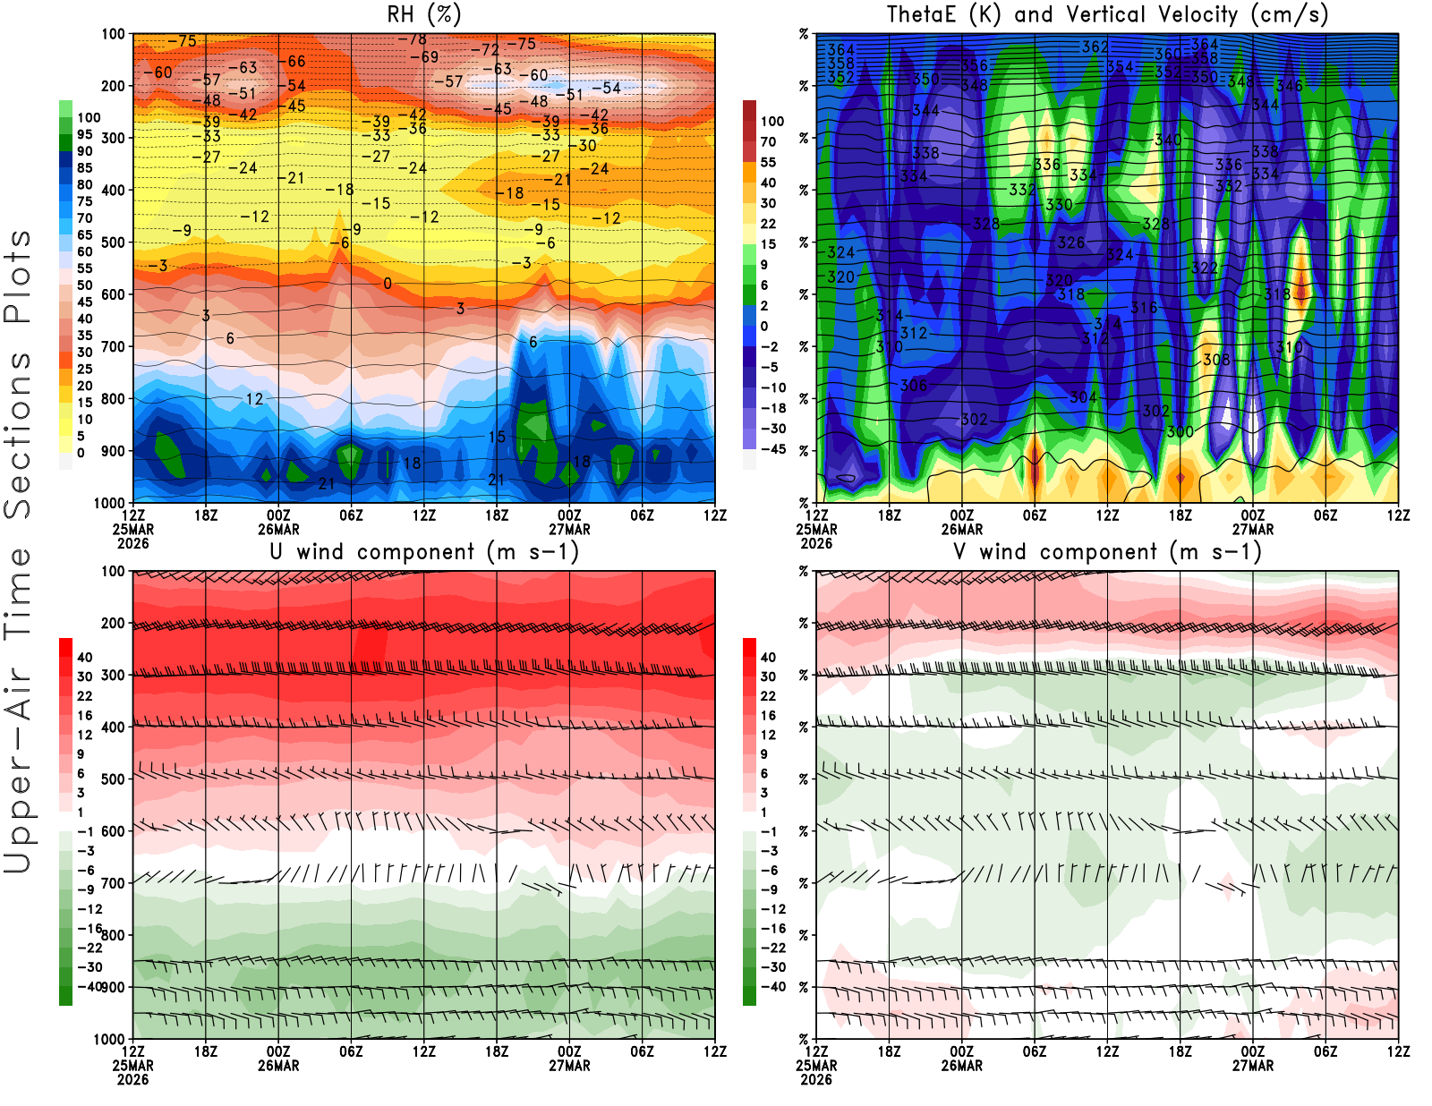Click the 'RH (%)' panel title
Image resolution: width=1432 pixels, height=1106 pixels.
coord(423,14)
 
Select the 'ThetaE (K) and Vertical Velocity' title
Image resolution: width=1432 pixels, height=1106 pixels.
coord(1107,14)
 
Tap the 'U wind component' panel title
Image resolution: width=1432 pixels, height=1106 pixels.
coord(423,551)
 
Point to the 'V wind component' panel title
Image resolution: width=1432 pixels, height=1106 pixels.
coord(1107,551)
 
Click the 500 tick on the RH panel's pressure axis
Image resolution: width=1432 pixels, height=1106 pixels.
coord(114,242)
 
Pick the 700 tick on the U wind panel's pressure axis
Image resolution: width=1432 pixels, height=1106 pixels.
coord(114,883)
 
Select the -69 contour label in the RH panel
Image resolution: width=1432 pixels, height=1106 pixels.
coord(424,56)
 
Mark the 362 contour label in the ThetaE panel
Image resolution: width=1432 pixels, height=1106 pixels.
coord(1095,47)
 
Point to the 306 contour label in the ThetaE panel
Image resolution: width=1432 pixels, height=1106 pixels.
coord(914,385)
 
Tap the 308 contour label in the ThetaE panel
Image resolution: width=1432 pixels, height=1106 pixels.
coord(1216,359)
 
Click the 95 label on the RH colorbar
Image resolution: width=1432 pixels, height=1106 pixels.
coord(84,134)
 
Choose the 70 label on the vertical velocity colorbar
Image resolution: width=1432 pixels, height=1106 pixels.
coord(768,141)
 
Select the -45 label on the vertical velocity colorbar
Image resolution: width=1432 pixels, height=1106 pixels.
coord(772,449)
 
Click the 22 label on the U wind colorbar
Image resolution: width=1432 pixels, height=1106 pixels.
coord(84,696)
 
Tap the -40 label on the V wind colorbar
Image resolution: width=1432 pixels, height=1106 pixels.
coord(772,987)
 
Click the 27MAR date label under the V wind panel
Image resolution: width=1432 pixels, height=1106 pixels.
coord(1253,1066)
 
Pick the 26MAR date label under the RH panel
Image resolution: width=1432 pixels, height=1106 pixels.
coord(278,529)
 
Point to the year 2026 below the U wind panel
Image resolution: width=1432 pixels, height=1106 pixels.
coord(132,1079)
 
